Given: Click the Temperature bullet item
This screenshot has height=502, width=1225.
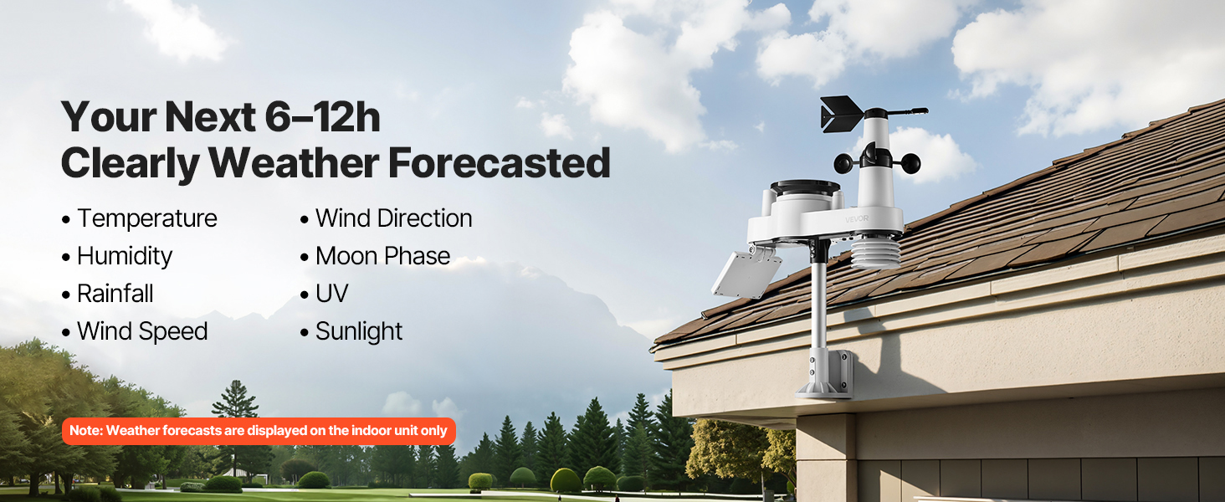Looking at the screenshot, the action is (x=140, y=218).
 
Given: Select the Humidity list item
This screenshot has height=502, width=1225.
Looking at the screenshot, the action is (x=117, y=257).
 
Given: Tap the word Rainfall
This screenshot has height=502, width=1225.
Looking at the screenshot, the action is (x=115, y=294).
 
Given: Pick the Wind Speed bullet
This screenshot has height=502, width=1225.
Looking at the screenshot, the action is (x=135, y=331).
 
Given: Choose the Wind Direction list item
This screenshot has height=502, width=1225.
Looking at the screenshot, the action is (x=386, y=218).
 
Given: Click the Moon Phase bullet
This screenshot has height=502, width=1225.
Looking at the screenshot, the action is (x=375, y=256).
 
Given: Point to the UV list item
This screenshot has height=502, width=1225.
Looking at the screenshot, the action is (x=325, y=294).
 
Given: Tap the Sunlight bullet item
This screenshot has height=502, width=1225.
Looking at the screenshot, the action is (x=351, y=331).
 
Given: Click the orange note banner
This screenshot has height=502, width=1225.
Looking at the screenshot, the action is (x=259, y=431).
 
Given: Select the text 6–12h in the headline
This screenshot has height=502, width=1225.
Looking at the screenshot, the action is (x=322, y=117).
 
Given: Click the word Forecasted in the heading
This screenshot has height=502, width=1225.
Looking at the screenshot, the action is (x=499, y=163).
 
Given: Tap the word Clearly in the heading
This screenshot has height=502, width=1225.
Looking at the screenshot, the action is (x=131, y=164).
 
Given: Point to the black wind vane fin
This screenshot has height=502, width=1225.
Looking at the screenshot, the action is (x=841, y=114).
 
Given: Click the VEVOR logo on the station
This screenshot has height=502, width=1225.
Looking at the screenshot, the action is (x=856, y=219).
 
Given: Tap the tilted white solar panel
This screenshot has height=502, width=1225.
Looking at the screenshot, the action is (x=746, y=274).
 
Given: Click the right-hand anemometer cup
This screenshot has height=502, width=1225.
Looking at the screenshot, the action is (x=910, y=163).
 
